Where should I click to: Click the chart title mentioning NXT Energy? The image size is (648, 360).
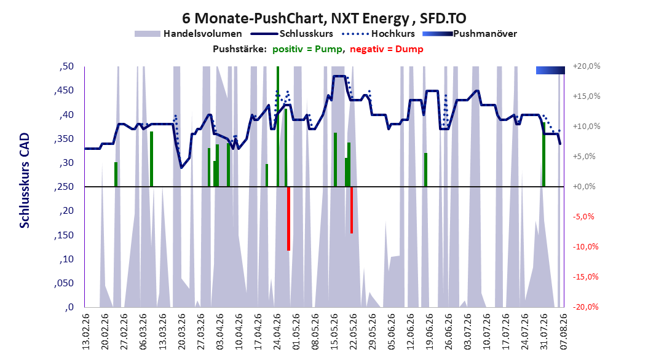[324, 18]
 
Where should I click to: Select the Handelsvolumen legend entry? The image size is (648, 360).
[189, 34]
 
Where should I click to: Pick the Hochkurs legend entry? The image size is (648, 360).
[379, 34]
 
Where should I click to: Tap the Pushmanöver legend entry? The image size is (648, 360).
[470, 34]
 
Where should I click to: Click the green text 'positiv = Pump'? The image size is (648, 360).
[307, 49]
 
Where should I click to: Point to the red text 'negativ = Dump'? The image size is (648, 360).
[387, 49]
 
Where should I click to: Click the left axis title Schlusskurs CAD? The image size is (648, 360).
[25, 180]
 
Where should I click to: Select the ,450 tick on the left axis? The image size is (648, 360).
[64, 91]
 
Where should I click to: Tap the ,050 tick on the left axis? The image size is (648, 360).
[64, 283]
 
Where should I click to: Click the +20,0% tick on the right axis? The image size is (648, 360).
[587, 66]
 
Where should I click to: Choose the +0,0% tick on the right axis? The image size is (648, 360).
[584, 187]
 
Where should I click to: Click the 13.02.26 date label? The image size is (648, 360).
[85, 332]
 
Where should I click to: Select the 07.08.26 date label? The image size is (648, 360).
[563, 332]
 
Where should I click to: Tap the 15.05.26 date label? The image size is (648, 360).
[334, 332]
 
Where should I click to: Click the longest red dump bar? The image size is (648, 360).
[288, 219]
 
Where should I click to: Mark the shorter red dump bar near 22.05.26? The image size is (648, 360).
[352, 210]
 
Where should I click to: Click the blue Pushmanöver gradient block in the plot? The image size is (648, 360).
[550, 70]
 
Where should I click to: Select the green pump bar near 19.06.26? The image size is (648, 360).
[425, 170]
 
